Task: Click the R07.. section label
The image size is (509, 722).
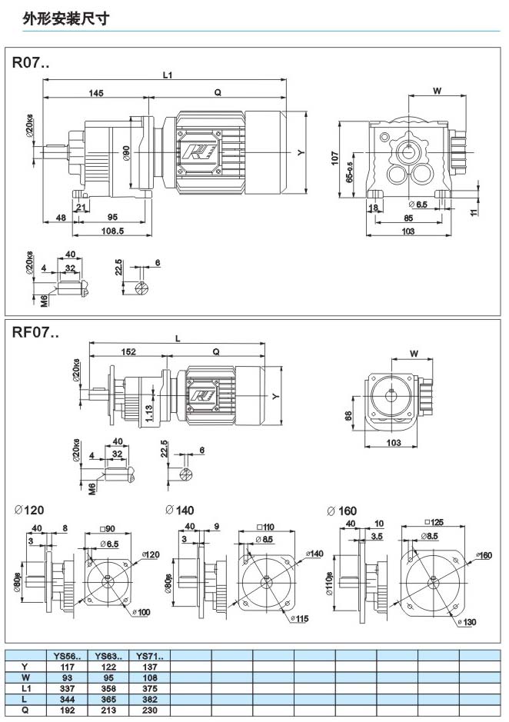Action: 30,64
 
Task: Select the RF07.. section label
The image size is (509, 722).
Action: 35,333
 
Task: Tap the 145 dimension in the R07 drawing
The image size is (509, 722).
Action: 95,92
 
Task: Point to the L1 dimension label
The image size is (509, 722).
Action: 167,75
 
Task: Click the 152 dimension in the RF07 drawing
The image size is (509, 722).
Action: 128,351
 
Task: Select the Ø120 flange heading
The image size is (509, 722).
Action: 30,510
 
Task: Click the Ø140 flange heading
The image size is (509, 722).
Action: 181,510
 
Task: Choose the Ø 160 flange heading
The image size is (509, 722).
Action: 342,510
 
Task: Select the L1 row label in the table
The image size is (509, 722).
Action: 25,689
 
